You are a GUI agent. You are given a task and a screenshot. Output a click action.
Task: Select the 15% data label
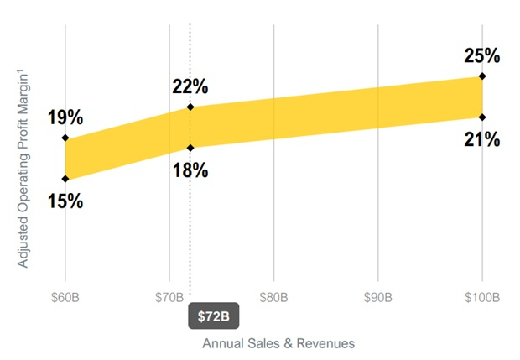(x=65, y=201)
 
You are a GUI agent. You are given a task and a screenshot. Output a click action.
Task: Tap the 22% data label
(x=190, y=86)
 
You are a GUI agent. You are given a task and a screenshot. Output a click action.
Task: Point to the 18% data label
(x=190, y=170)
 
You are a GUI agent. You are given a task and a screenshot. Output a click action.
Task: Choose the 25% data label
(x=482, y=56)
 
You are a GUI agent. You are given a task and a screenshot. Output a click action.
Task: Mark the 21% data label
(x=482, y=139)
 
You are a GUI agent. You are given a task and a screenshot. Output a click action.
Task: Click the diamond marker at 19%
(x=65, y=138)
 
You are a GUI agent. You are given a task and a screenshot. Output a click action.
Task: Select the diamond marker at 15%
(x=65, y=179)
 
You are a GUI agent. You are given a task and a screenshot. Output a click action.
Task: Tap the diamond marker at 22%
(x=190, y=107)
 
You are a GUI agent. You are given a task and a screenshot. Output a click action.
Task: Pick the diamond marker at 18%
(x=190, y=149)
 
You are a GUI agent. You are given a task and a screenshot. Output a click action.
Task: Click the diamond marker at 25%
(x=482, y=76)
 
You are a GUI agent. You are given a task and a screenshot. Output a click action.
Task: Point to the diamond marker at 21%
(x=482, y=117)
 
